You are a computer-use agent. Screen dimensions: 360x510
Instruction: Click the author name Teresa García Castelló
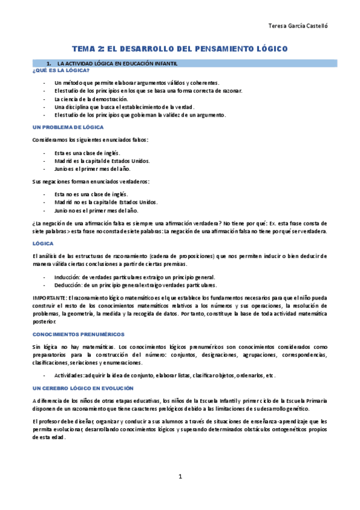click(297, 26)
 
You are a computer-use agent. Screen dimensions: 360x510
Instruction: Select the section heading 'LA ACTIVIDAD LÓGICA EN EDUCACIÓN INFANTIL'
click(117, 63)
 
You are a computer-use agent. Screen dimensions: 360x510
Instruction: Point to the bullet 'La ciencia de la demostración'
click(91, 99)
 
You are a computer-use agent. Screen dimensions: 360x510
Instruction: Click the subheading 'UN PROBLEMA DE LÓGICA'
click(68, 127)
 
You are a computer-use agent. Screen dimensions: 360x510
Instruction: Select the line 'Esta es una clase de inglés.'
click(87, 153)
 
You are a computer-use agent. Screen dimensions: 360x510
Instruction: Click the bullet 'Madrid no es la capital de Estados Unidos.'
click(106, 202)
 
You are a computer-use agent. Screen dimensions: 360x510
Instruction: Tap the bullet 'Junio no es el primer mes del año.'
click(96, 210)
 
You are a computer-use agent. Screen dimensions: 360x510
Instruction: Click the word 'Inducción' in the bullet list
click(67, 277)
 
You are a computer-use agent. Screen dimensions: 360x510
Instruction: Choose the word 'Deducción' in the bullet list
click(67, 285)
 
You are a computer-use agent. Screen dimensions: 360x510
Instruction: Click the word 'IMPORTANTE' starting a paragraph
click(49, 298)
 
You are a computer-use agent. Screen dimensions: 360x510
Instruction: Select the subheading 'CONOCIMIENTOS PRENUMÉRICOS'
click(78, 333)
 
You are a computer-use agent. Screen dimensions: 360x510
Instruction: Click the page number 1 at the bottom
click(180, 477)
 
